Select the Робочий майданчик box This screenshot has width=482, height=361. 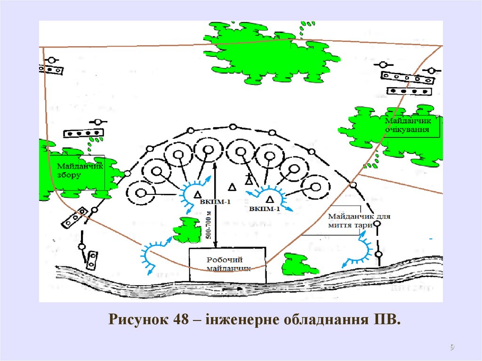click(x=228, y=265)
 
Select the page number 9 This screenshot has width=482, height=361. click(x=452, y=347)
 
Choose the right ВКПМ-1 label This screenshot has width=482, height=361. click(x=265, y=208)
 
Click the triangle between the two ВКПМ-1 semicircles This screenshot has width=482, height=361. click(x=232, y=187)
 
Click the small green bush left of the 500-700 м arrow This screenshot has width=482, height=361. click(x=187, y=230)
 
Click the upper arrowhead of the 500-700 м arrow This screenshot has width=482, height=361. click(x=215, y=162)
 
